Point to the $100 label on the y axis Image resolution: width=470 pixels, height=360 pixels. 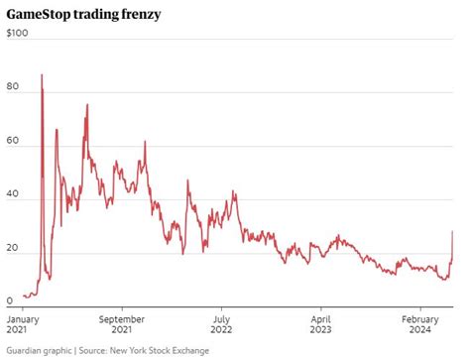[17, 33]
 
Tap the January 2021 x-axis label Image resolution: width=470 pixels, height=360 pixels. [25, 325]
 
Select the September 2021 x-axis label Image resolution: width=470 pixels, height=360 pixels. [124, 325]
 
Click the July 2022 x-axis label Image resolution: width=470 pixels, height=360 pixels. [222, 325]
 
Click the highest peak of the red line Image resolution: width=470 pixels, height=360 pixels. [41, 74]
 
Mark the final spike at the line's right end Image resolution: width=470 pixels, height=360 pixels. [452, 232]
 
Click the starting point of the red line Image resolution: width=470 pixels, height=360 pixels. [23, 295]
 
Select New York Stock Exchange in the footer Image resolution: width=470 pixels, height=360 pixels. [165, 351]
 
